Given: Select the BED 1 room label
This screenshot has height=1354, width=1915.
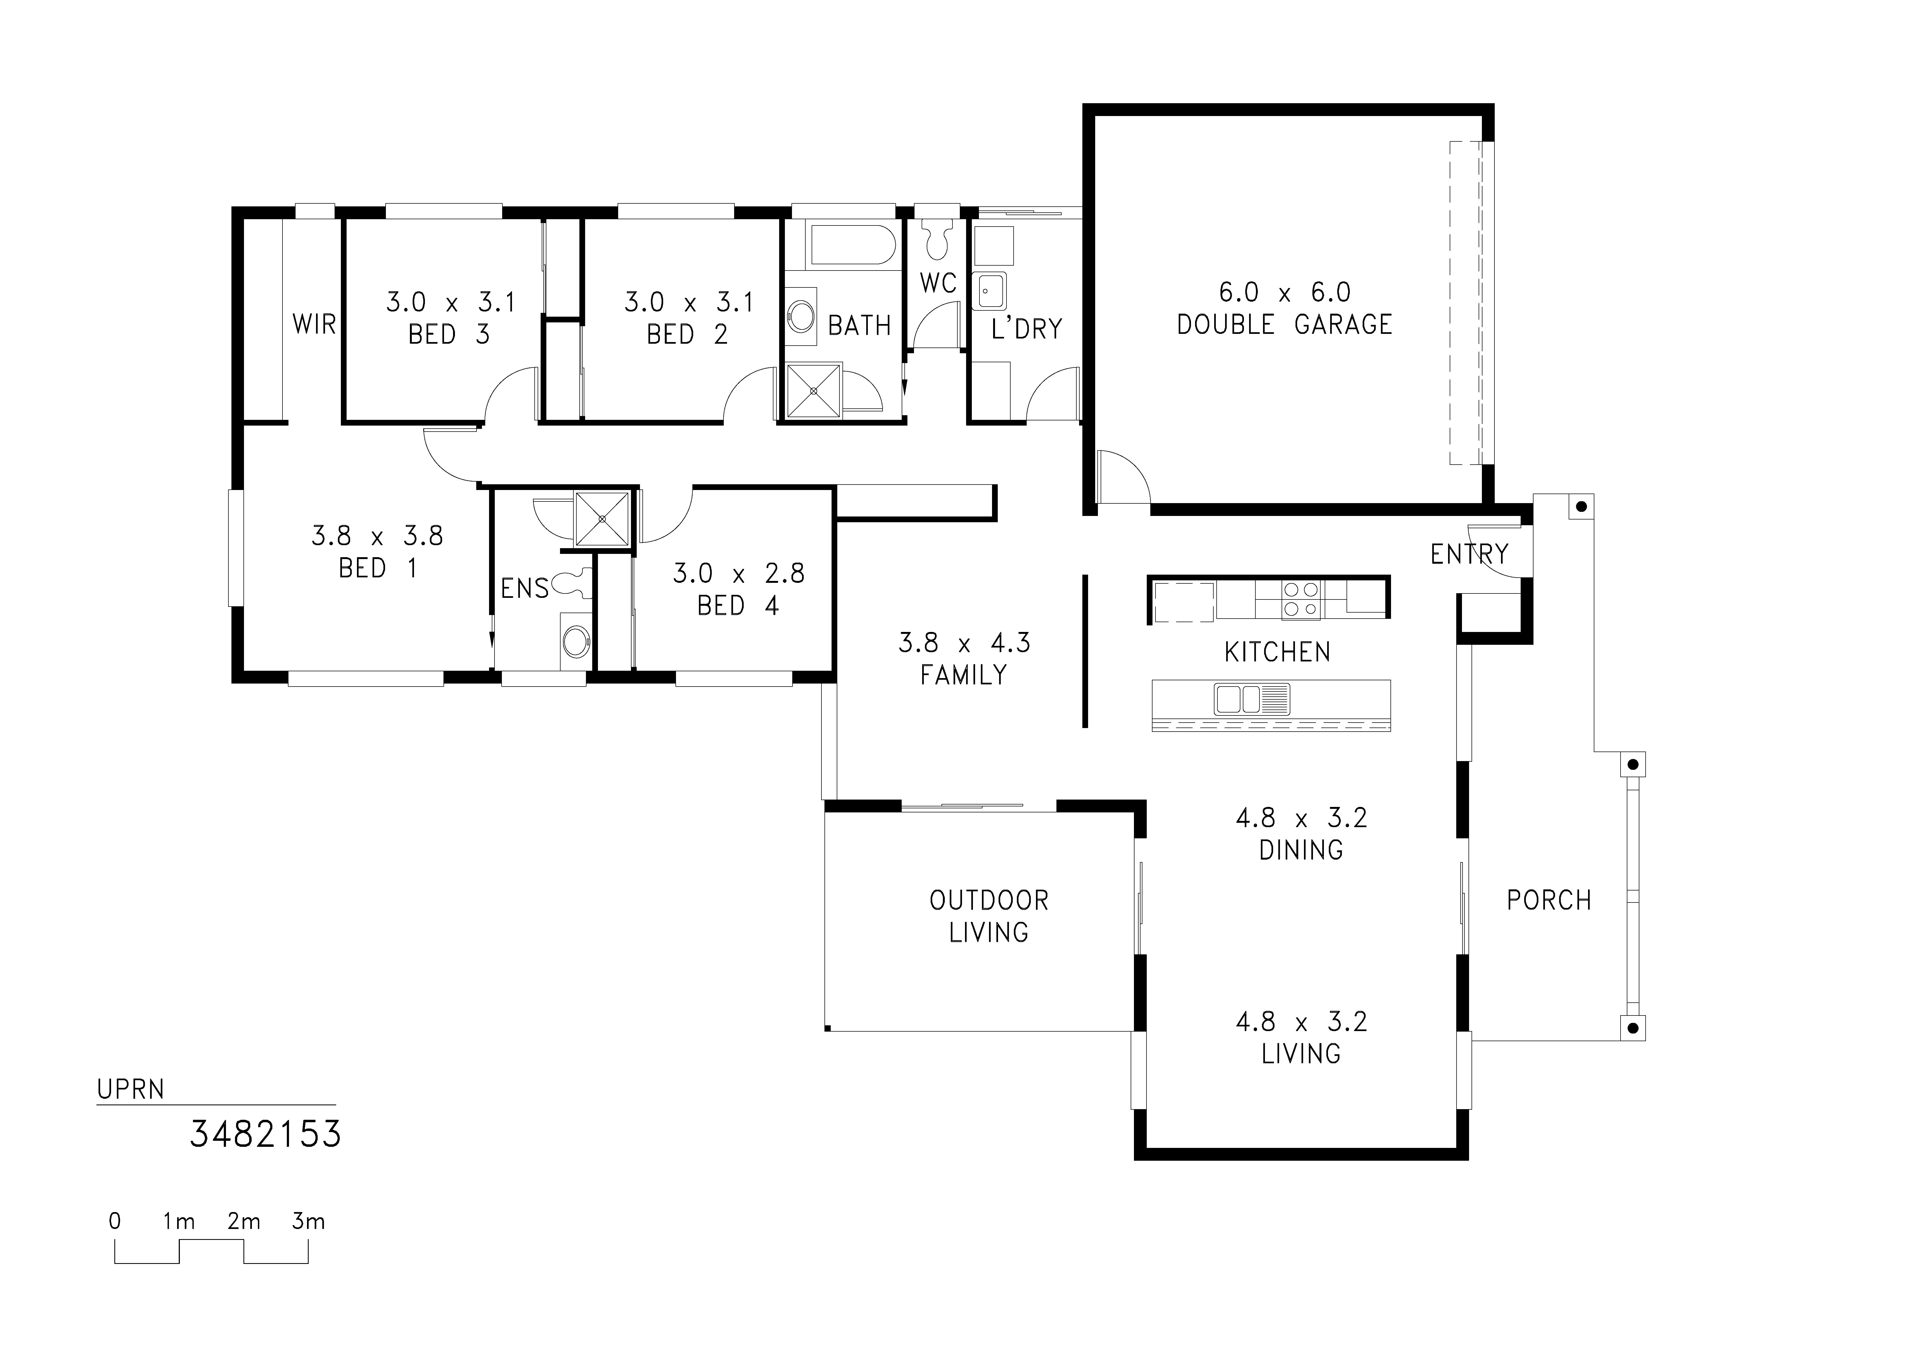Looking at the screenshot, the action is (x=378, y=568).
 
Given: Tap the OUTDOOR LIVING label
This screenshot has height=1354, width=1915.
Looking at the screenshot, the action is (x=989, y=916).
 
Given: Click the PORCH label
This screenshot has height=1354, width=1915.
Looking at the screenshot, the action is (x=1549, y=900).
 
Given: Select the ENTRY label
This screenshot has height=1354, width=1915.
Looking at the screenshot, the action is (x=1470, y=554).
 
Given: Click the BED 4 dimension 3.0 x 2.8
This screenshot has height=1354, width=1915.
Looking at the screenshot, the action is (x=739, y=573).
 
